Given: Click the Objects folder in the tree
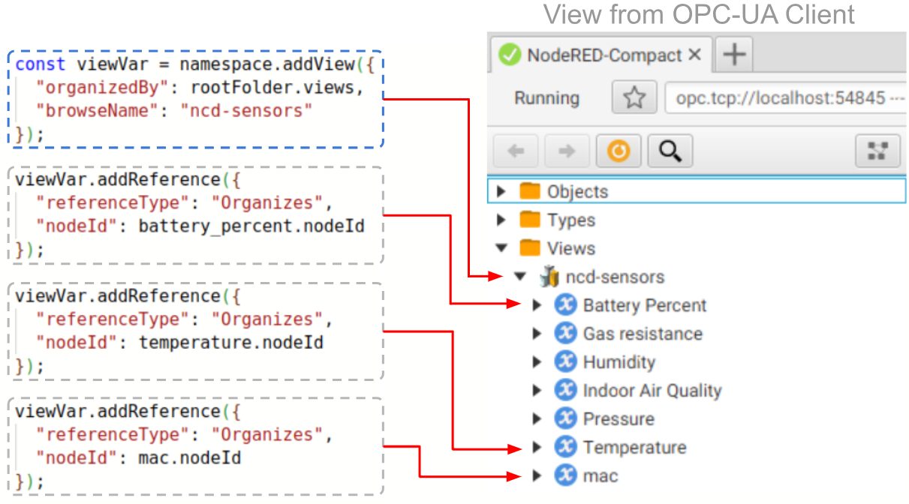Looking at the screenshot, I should point(576,192).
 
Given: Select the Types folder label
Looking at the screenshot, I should point(570,220).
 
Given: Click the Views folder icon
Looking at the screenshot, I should point(530,248).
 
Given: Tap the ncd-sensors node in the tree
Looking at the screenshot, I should point(615,277).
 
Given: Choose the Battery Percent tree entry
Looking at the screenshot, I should point(644,305).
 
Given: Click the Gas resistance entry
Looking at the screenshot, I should point(642,334).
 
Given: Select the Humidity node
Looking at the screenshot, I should point(619,362).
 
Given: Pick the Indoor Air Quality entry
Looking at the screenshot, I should point(652,391).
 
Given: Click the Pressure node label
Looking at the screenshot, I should point(619,419).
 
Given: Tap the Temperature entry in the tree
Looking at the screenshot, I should point(634,448).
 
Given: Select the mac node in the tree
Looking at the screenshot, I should point(600,476).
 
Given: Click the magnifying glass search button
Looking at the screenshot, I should point(670,152).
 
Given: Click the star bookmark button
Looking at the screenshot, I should point(634,98).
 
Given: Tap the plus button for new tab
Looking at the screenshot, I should point(734,55).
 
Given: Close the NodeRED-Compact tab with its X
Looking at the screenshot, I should point(694,55).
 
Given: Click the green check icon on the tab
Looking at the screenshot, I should point(510,55).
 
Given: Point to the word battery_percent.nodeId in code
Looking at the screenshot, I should point(251,226).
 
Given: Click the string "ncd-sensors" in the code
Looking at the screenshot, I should point(246,111).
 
